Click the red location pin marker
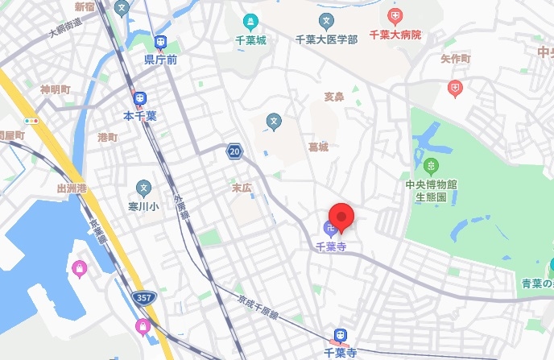343,216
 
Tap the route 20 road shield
234,151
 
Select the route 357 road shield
143,299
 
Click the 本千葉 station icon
140,100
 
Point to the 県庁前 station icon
161,43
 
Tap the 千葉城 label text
250,38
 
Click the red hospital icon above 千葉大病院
395,16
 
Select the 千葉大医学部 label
326,39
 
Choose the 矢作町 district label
456,60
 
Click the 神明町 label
56,89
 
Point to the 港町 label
107,138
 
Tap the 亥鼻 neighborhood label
333,97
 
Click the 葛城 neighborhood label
318,147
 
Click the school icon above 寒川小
144,188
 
